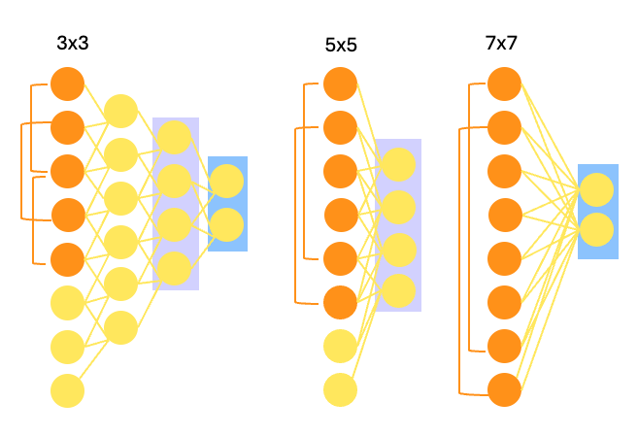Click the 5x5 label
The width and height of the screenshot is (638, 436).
click(342, 45)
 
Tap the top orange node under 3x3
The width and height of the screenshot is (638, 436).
click(67, 84)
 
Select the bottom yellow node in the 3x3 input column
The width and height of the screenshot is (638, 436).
click(67, 391)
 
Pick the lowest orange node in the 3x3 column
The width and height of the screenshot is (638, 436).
click(67, 259)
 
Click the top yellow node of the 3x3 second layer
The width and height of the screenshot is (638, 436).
click(120, 111)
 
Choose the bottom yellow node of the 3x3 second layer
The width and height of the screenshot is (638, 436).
click(120, 327)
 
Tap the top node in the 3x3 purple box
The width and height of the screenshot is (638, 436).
click(175, 137)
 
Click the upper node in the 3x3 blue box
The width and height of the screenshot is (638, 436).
click(226, 182)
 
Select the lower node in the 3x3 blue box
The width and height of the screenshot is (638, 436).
click(226, 224)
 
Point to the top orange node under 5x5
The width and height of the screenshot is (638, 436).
click(340, 84)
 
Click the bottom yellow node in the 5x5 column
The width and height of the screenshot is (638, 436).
click(340, 389)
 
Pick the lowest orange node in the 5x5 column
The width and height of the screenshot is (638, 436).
click(340, 302)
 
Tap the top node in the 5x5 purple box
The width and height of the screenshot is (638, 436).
click(397, 164)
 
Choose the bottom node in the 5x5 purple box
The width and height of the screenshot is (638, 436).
click(397, 291)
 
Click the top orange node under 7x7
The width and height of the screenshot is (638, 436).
click(504, 84)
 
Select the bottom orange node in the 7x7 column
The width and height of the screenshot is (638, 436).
click(504, 389)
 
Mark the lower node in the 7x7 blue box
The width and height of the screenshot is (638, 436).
click(597, 230)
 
